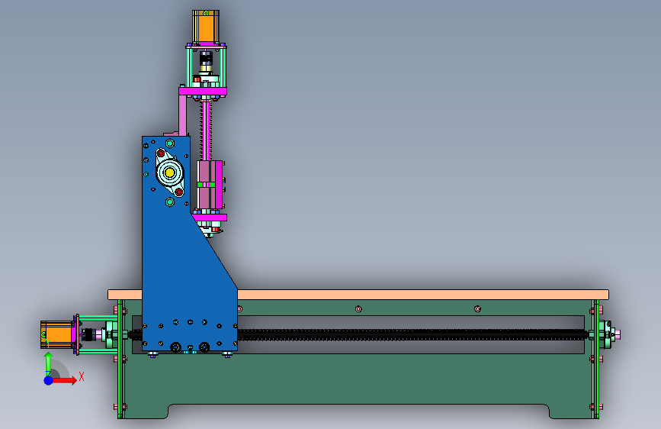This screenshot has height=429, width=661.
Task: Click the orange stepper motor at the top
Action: click(x=206, y=26)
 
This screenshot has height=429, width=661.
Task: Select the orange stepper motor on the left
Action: click(x=57, y=334)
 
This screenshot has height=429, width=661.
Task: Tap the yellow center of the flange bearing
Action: click(x=170, y=173)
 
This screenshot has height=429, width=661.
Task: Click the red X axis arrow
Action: click(x=63, y=380)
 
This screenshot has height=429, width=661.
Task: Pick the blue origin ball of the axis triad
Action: click(x=49, y=380)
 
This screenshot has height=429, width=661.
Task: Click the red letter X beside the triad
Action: click(x=82, y=376)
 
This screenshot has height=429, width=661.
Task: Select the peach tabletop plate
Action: click(x=358, y=295)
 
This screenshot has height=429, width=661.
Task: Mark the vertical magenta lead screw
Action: click(x=206, y=130)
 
